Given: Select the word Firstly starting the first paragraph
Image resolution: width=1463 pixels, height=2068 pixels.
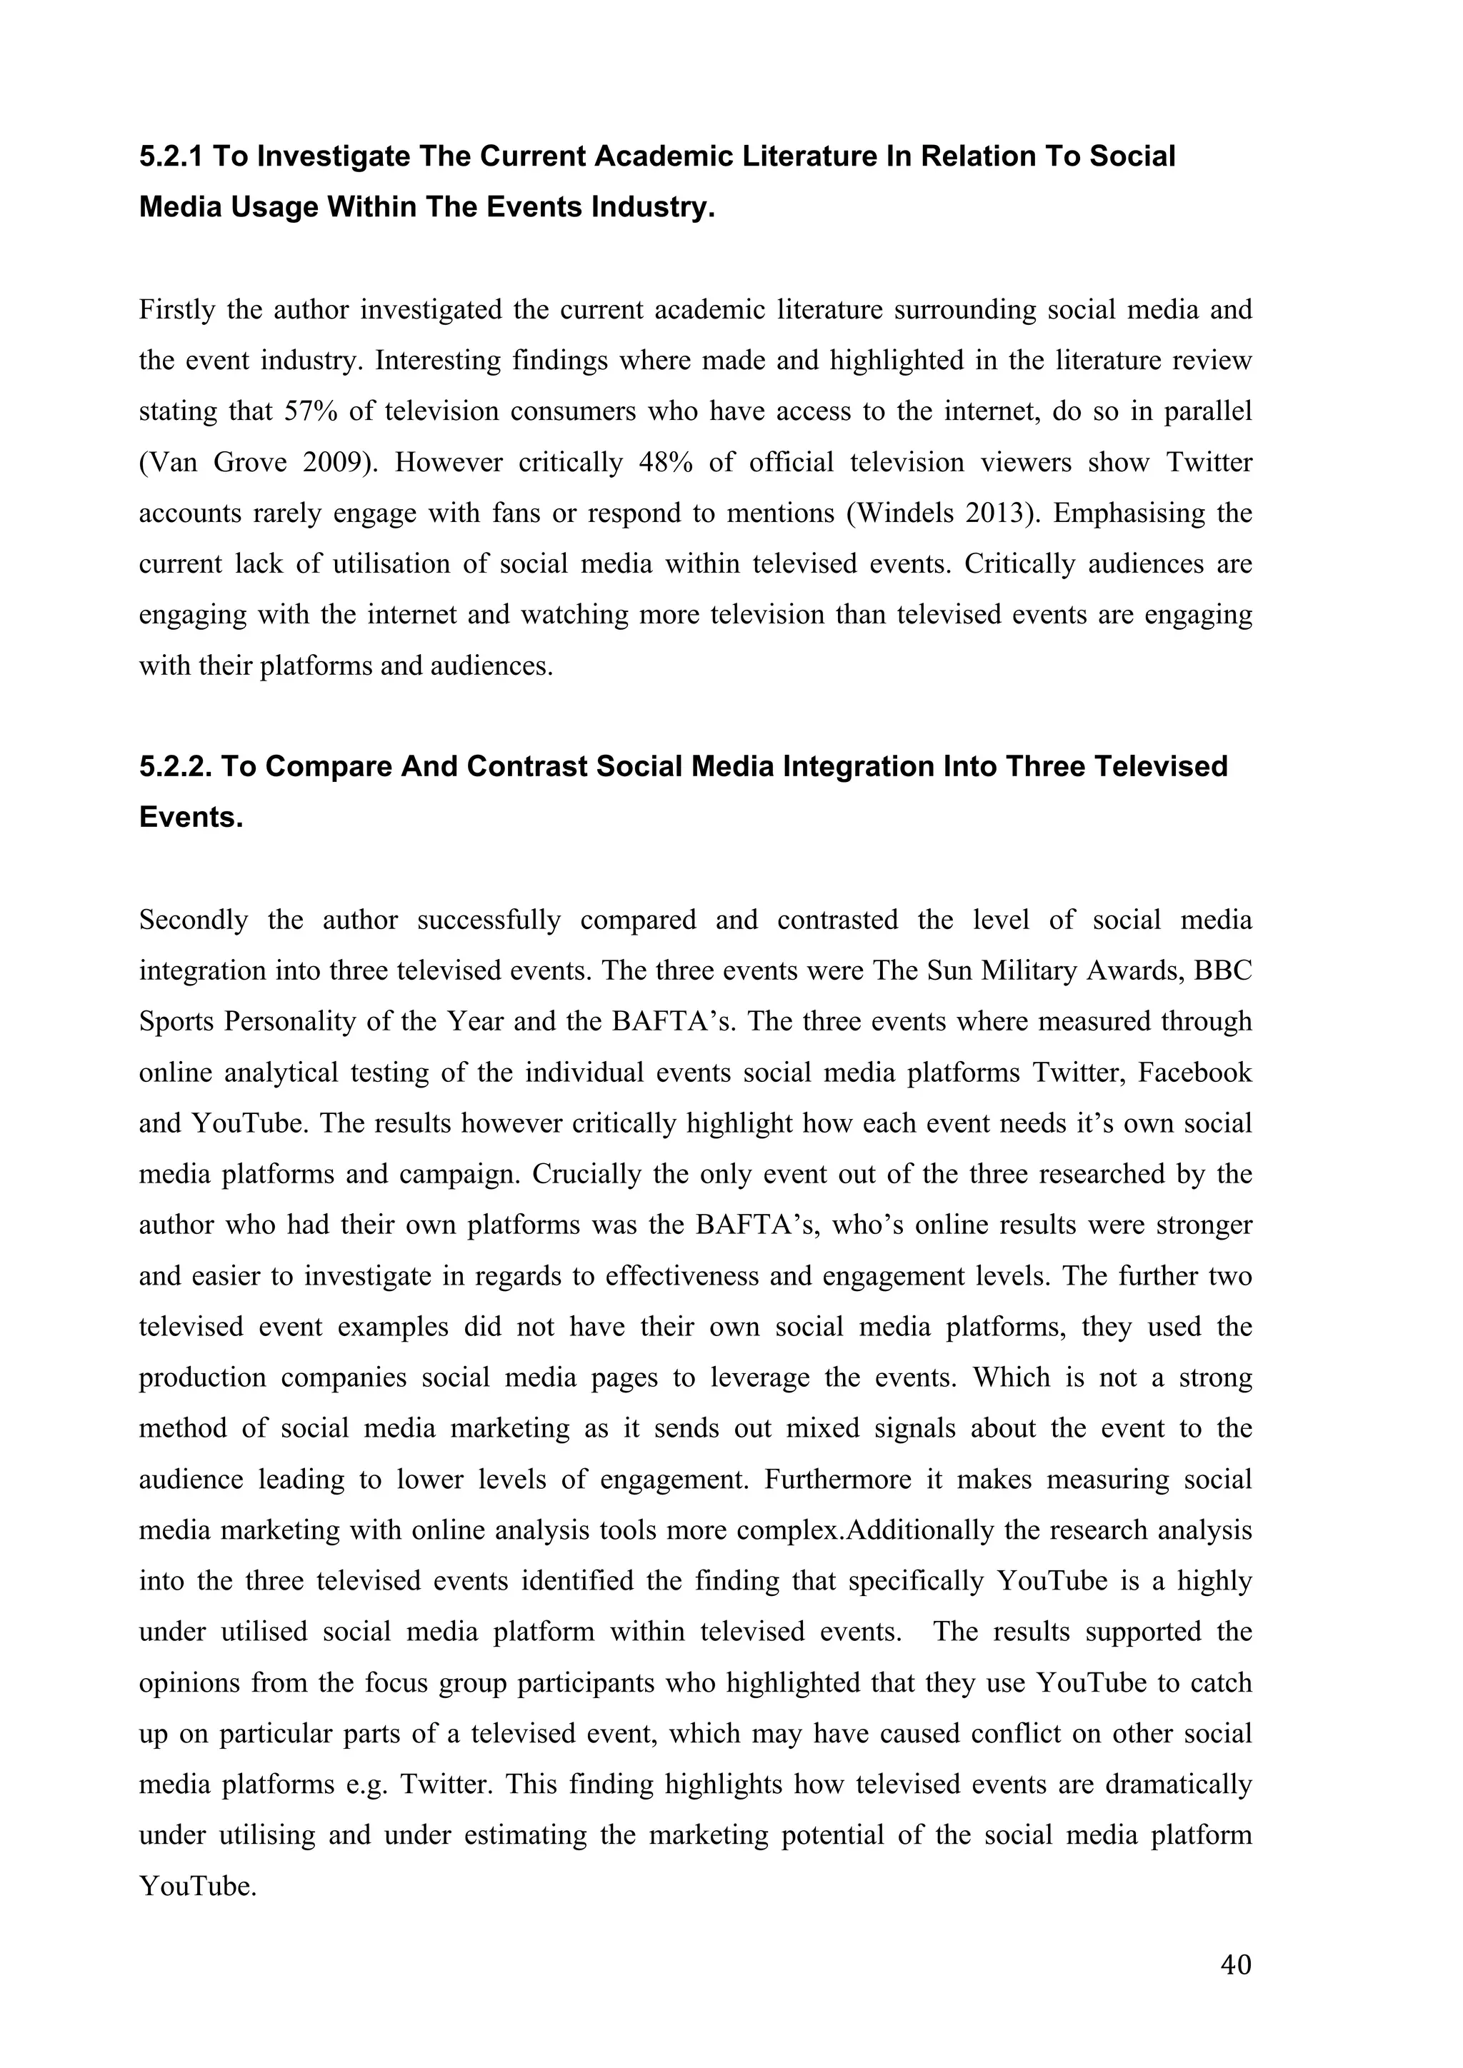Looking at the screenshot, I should pos(176,310).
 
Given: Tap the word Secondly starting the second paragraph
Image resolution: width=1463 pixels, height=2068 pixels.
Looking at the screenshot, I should pos(194,920).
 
